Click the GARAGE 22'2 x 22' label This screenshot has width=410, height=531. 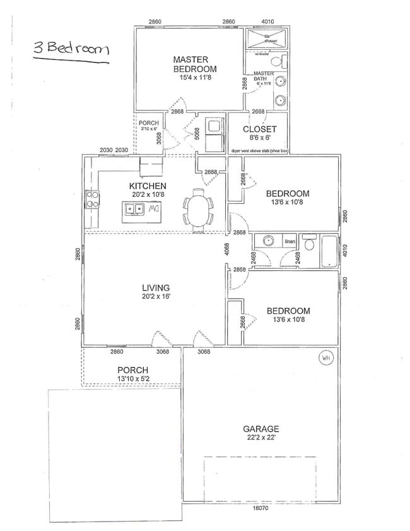[261, 433]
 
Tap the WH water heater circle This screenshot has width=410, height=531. [326, 358]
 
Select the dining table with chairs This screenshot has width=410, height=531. [198, 207]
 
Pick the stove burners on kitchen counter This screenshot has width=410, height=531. [92, 200]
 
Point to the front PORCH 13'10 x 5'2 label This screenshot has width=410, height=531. [132, 374]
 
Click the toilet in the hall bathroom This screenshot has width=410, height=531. [308, 243]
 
